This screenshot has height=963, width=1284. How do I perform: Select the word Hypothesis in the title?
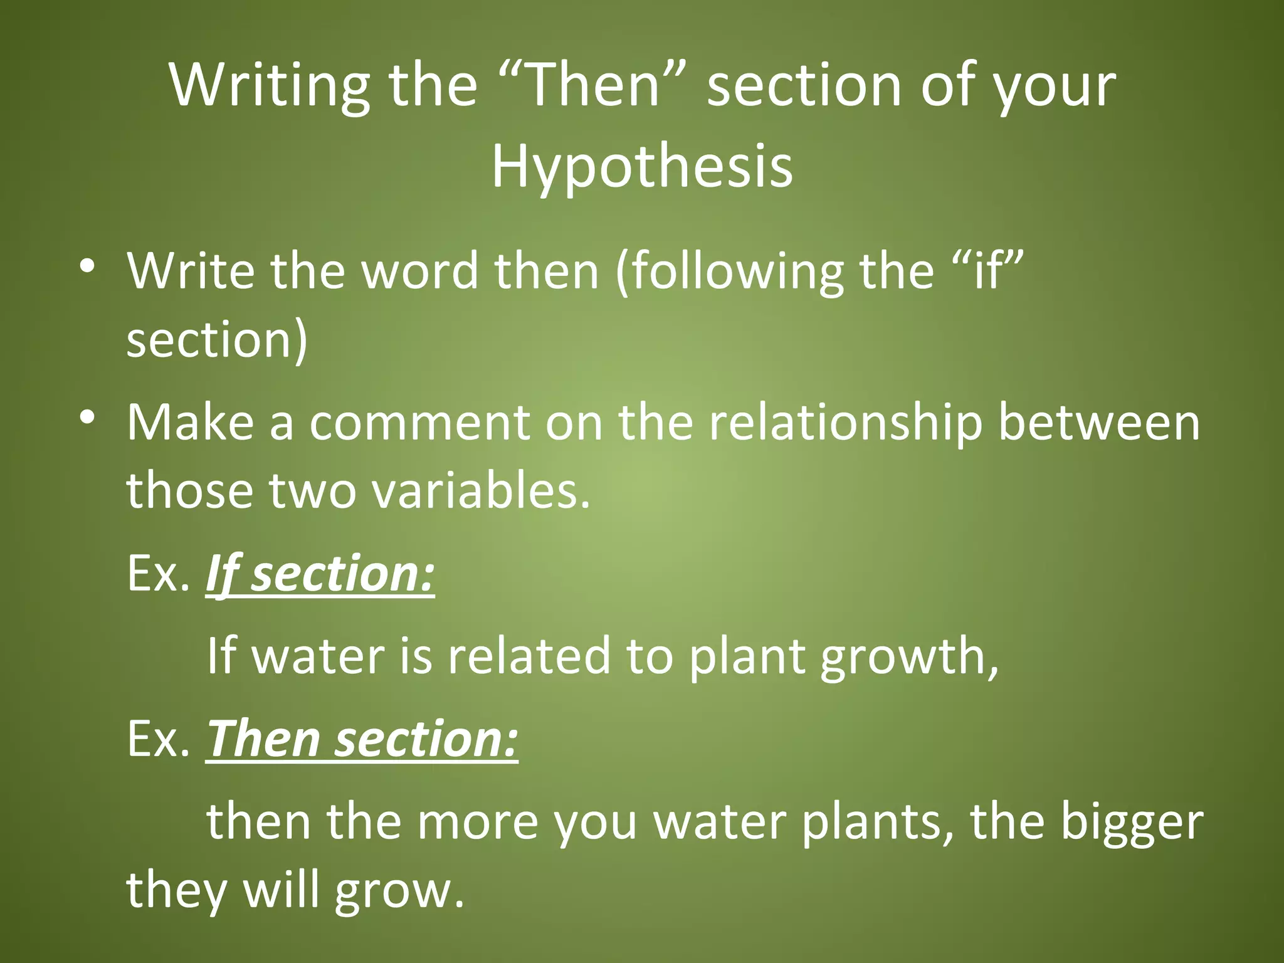pyautogui.click(x=642, y=167)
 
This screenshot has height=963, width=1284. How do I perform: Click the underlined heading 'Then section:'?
pyautogui.click(x=362, y=739)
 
